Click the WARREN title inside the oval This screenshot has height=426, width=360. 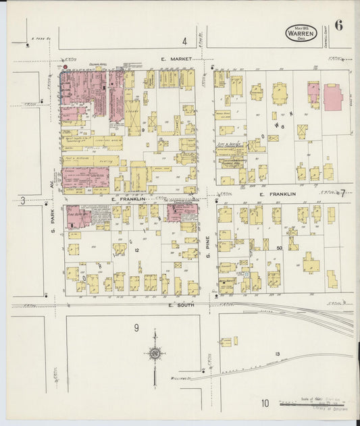coord(300,32)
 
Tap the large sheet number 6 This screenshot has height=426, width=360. coord(338,26)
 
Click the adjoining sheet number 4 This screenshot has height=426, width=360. coord(184,41)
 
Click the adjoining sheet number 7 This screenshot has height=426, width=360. coord(342,194)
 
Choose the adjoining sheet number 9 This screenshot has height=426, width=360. coord(136,328)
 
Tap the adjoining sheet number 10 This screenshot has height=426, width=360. coord(265,404)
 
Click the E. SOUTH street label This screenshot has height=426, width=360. coord(181,306)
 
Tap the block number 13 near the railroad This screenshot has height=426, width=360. coord(277,354)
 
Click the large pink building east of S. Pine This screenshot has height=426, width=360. coord(333,97)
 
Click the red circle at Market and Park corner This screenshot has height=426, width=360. coord(66,68)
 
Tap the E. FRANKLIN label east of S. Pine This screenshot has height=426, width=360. coord(278,194)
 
